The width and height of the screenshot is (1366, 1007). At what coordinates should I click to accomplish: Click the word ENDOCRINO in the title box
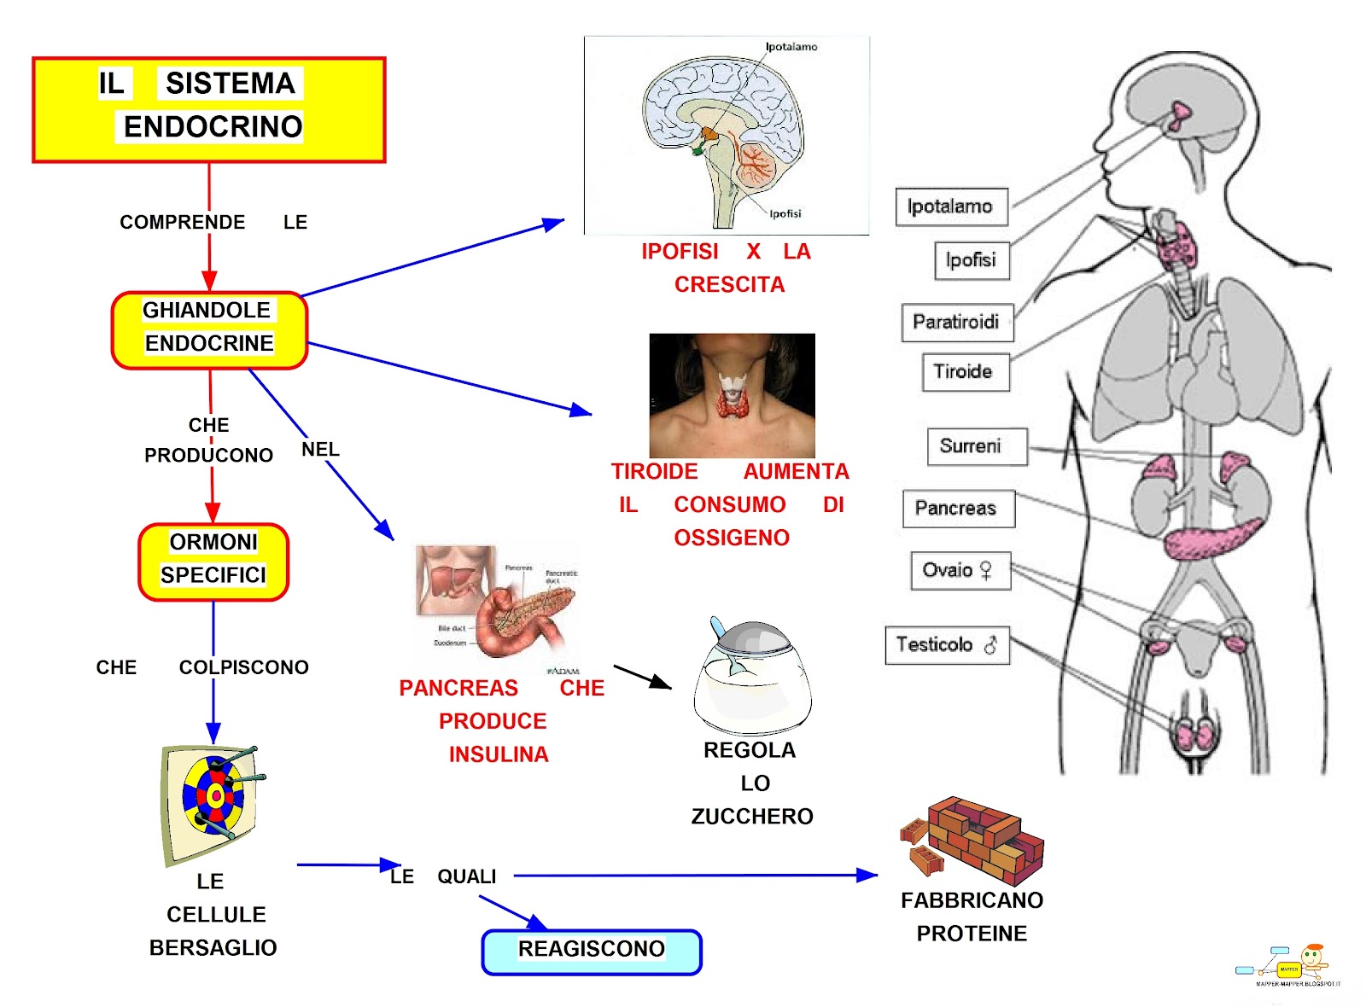coord(213,126)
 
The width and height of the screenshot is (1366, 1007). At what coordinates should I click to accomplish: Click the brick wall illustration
coord(973,841)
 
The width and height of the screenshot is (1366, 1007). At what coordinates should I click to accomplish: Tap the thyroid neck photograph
coord(732,395)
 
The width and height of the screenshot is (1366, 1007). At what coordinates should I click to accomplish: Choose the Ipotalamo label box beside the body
coord(950,207)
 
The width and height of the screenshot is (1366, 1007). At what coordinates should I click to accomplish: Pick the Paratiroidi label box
coord(956,323)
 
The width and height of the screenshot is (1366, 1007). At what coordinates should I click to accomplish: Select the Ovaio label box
coord(960,571)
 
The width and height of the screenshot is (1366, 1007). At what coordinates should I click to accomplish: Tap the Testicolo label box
coord(946,644)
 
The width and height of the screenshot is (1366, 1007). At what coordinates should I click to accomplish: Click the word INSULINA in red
coord(499,754)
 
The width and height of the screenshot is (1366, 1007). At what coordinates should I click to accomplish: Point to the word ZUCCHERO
coord(752,817)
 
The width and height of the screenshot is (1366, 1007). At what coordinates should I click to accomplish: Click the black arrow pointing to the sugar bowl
coord(642,677)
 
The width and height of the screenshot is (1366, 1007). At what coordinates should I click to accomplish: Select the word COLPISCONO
coord(243,667)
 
